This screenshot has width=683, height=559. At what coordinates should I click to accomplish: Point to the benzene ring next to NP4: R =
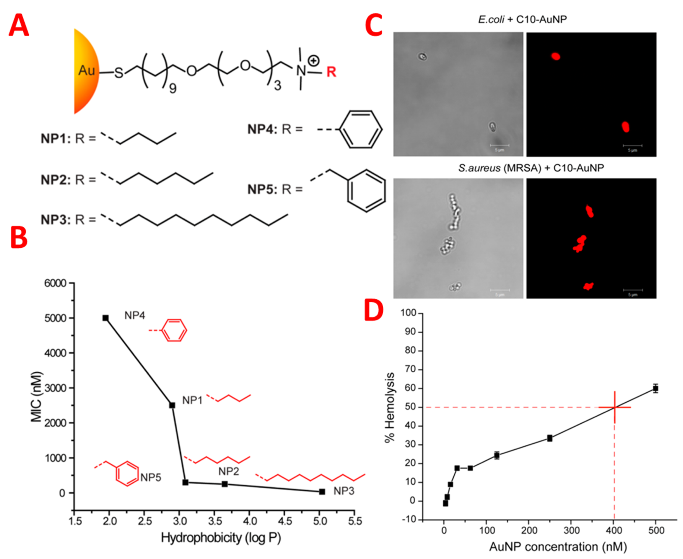[x=361, y=129]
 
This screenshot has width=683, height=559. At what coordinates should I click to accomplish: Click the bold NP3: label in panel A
[x=55, y=220]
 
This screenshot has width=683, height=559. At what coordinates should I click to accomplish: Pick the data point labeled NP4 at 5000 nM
[x=106, y=318]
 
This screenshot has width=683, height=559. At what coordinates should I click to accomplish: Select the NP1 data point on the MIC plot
[x=172, y=405]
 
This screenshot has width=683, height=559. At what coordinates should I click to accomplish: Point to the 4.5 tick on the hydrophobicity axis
[x=285, y=521]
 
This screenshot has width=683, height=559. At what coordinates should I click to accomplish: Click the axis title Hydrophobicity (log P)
[x=221, y=538]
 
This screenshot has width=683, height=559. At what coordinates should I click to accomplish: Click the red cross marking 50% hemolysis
[x=614, y=407]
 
